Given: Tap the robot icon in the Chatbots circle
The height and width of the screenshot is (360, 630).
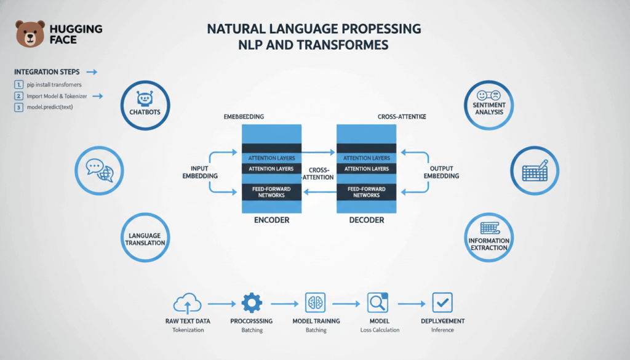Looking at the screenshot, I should tap(145, 99).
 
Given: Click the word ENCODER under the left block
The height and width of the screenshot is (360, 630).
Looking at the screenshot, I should tap(271, 219).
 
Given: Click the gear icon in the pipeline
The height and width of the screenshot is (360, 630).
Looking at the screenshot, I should tap(252, 303).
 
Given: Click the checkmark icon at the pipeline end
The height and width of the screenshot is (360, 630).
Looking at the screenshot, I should tap(442, 302).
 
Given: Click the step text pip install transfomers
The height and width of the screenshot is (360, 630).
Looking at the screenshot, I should tap(54, 84).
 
